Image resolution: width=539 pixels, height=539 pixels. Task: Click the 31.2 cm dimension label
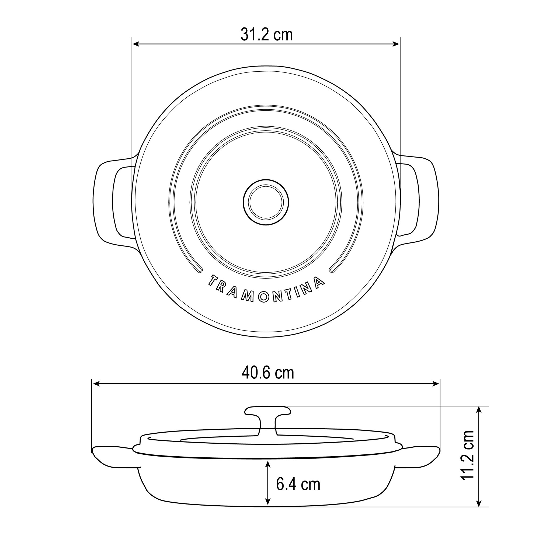tap(267, 35)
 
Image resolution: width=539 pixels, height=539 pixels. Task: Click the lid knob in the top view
tap(266, 202)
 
